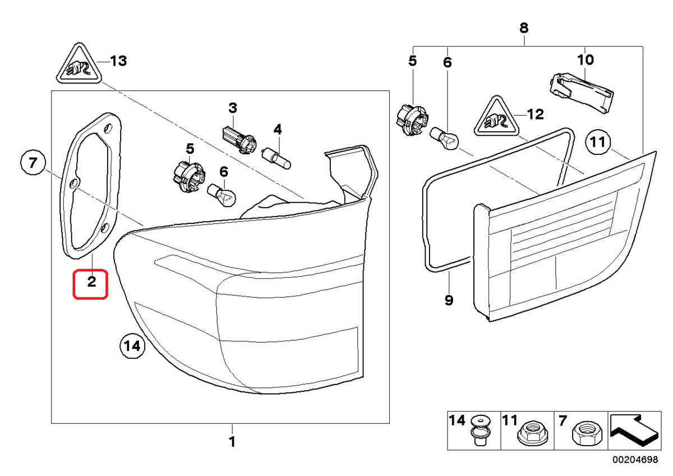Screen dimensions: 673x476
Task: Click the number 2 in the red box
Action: [x=91, y=282]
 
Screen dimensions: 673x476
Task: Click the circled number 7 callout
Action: [x=33, y=163]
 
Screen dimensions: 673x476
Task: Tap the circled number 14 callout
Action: [x=132, y=346]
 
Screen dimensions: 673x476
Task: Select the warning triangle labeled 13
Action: [x=79, y=64]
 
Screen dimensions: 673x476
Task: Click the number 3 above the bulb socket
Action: [x=233, y=108]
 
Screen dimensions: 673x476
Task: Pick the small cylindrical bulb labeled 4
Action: [x=276, y=158]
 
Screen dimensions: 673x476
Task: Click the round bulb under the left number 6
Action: [x=222, y=195]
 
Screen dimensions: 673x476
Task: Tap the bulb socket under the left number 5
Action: [x=190, y=173]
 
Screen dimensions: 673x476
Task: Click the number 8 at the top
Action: [x=524, y=28]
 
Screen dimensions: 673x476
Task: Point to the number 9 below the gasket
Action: [x=449, y=300]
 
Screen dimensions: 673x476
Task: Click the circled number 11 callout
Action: [x=598, y=142]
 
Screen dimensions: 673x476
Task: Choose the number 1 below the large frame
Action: [x=232, y=442]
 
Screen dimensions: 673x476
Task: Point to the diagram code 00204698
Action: [x=635, y=460]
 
